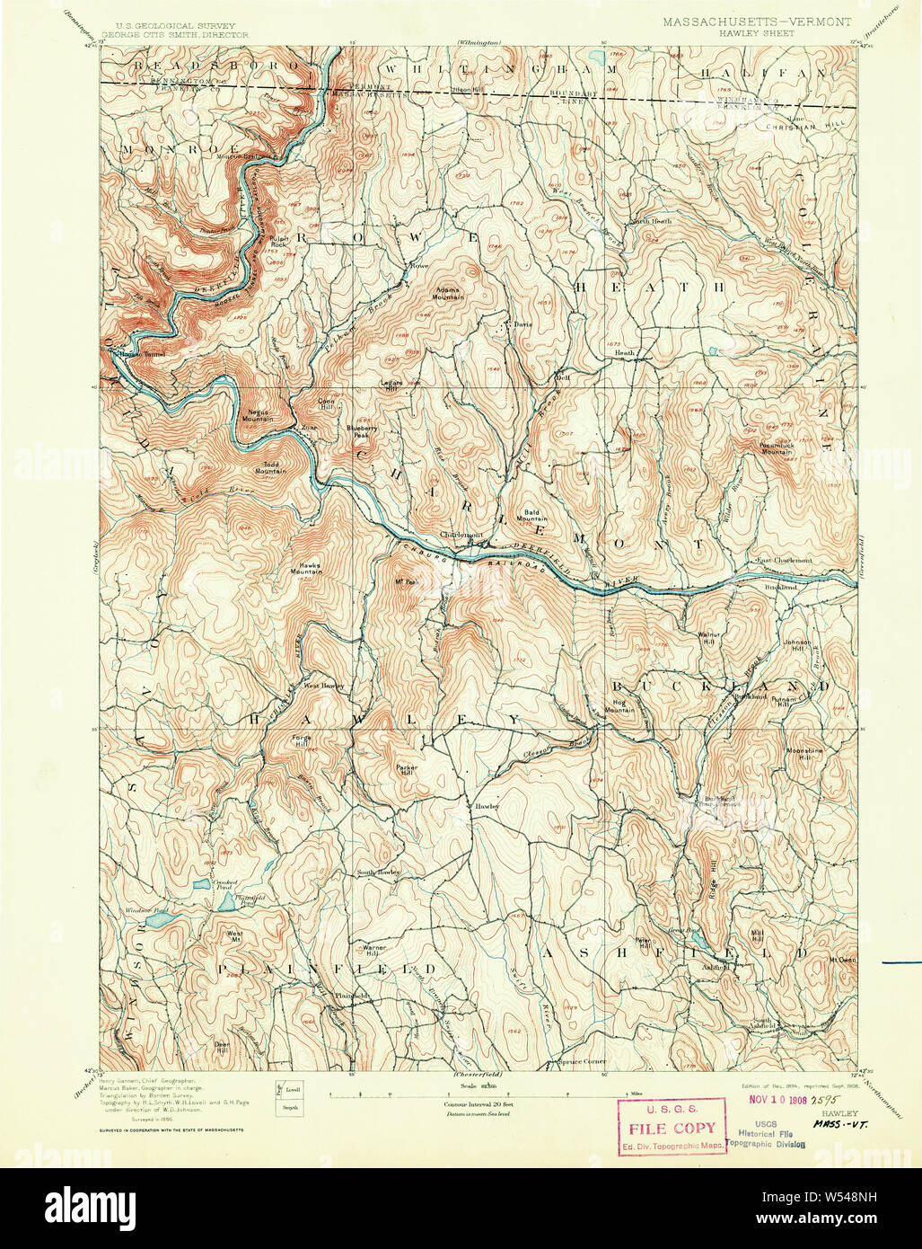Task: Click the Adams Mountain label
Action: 450,293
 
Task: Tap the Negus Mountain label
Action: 258,415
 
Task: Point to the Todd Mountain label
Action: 269,467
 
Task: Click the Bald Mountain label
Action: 531,515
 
